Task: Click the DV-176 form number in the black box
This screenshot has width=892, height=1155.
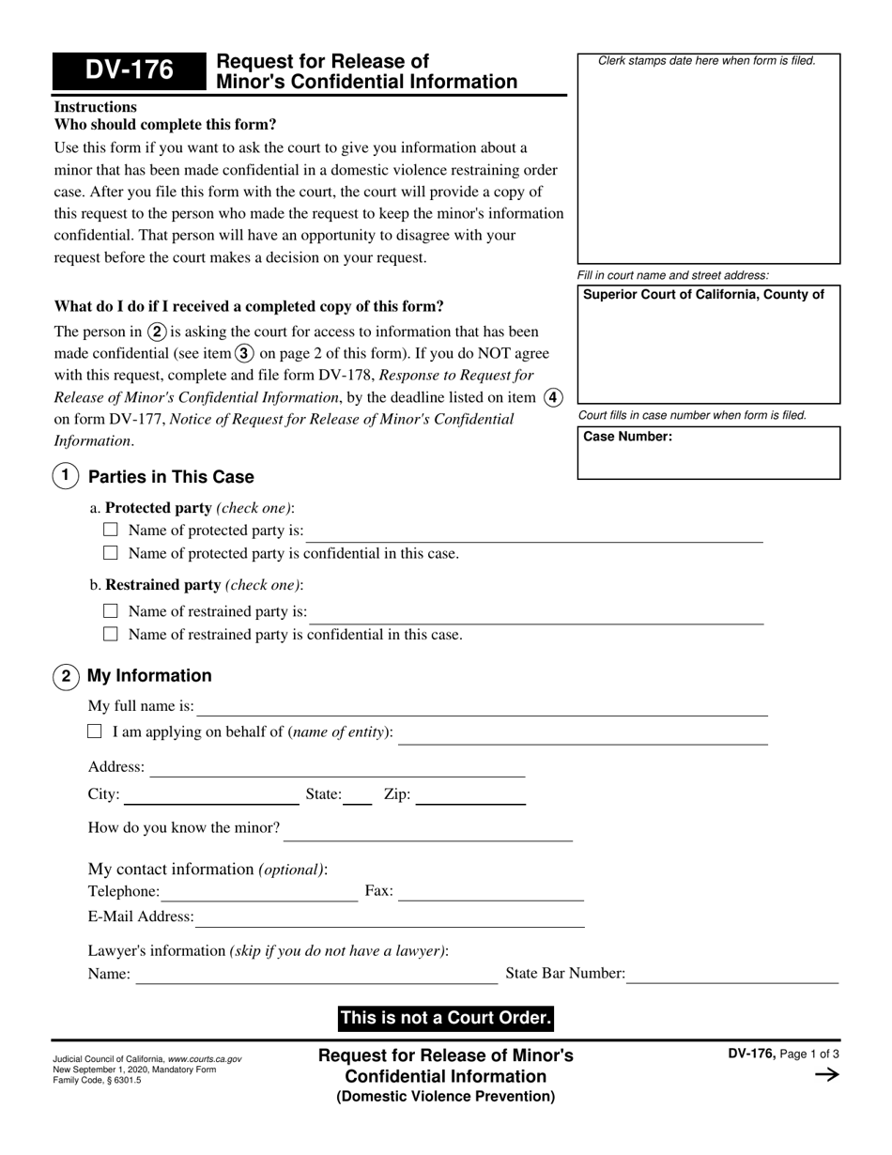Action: click(x=129, y=70)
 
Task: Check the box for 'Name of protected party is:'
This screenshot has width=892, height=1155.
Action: click(x=111, y=530)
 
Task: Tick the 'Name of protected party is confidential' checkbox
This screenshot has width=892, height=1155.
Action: click(x=111, y=553)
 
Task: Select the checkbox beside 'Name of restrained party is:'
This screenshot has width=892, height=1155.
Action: click(x=111, y=610)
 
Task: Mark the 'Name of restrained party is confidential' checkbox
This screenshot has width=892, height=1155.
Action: click(x=111, y=634)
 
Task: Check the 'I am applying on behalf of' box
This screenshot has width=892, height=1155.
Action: click(x=95, y=731)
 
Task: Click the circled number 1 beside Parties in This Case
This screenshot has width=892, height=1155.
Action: click(x=65, y=476)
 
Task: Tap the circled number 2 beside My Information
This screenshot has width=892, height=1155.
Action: click(x=66, y=676)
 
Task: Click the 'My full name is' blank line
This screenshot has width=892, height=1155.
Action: click(x=483, y=710)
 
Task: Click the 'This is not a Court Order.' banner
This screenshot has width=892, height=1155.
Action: click(x=446, y=1018)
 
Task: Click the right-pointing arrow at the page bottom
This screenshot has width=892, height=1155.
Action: click(x=826, y=1075)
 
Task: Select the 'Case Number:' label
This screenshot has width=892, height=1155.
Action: click(x=628, y=437)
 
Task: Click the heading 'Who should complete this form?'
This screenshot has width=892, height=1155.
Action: click(x=165, y=125)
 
